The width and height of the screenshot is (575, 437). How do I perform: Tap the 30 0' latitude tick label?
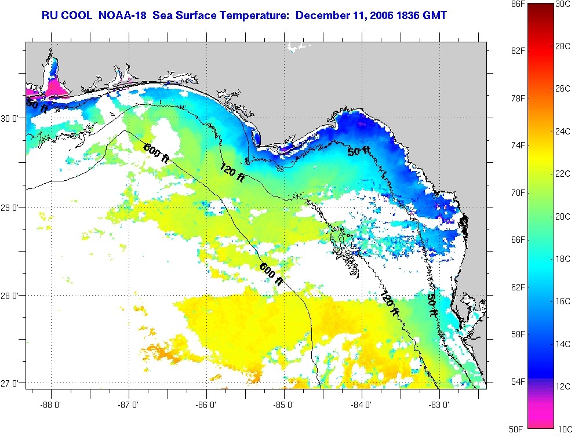pyautogui.click(x=12, y=119)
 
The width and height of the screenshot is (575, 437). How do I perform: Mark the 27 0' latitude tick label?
pyautogui.click(x=12, y=384)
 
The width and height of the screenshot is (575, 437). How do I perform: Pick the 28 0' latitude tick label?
pyautogui.click(x=12, y=296)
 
